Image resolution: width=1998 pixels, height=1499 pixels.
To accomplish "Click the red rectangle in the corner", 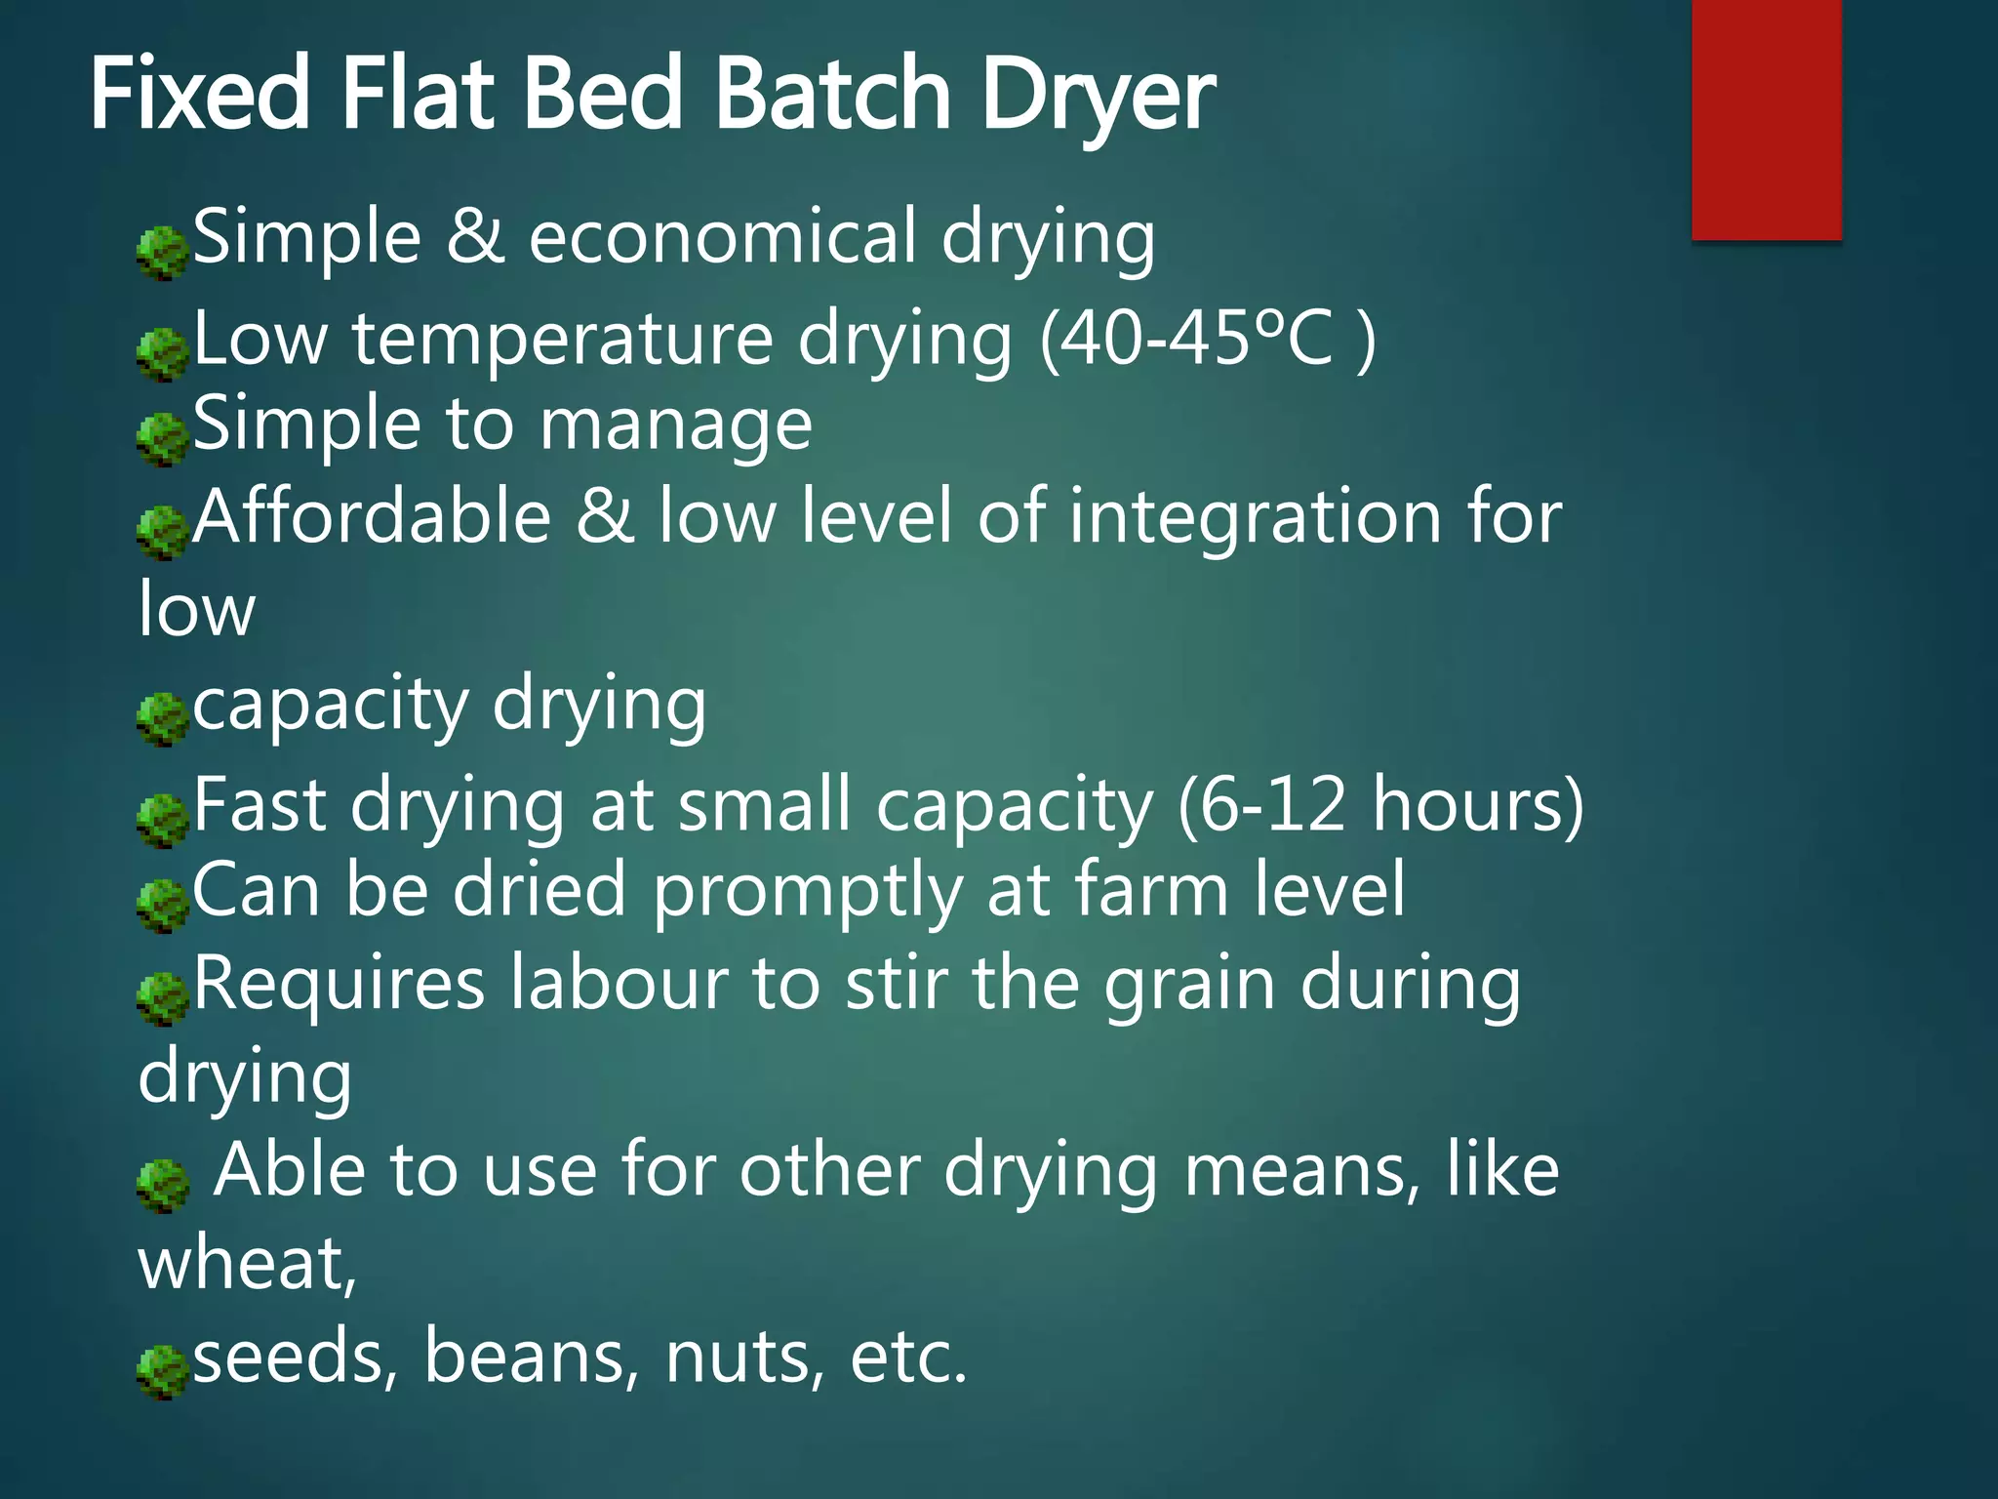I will pyautogui.click(x=1766, y=119).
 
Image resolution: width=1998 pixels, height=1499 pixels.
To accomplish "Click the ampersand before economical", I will pyautogui.click(x=475, y=236).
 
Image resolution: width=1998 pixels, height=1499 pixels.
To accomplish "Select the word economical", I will pyautogui.click(x=722, y=236).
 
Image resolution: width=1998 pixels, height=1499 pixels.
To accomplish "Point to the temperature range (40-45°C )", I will pyautogui.click(x=1208, y=340).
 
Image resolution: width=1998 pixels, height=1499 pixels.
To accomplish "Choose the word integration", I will pyautogui.click(x=1255, y=517).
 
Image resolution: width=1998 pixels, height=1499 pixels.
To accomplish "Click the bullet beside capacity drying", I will pyautogui.click(x=162, y=719).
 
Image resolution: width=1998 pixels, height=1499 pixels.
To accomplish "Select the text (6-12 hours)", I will pyautogui.click(x=1380, y=806).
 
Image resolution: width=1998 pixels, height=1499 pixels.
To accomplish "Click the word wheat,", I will pyautogui.click(x=248, y=1263).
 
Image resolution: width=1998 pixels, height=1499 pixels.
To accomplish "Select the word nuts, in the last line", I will pyautogui.click(x=745, y=1357).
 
